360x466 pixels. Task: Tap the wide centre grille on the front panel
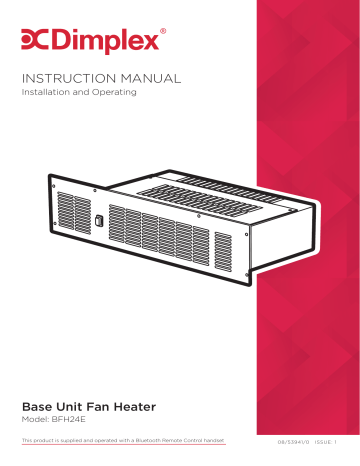click(160, 232)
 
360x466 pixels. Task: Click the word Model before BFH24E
click(35, 425)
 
